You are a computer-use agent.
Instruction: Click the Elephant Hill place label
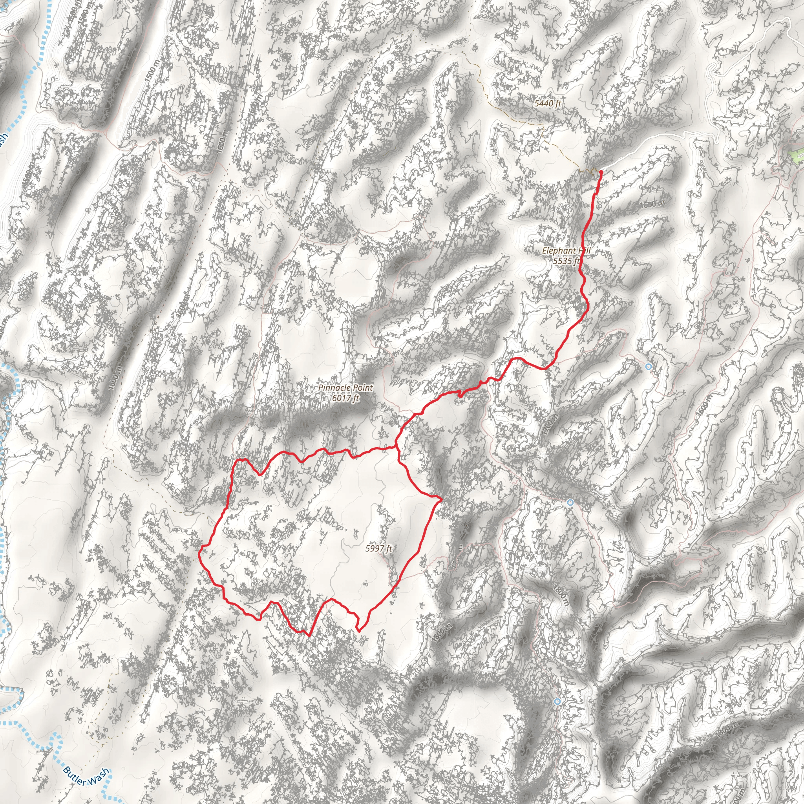point(566,250)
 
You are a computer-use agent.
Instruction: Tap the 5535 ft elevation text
point(566,261)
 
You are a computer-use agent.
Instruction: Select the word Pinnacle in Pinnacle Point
point(332,388)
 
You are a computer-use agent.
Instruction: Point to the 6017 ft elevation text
point(345,398)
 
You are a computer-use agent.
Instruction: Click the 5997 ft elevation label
point(379,548)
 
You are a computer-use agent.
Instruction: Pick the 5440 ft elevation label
point(548,103)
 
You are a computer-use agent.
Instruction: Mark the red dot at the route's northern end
point(601,172)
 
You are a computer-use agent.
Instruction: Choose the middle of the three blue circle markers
point(570,502)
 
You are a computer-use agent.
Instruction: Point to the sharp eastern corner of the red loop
point(441,498)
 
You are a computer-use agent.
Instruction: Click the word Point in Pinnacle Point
point(362,388)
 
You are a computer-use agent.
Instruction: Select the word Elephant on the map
point(557,250)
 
